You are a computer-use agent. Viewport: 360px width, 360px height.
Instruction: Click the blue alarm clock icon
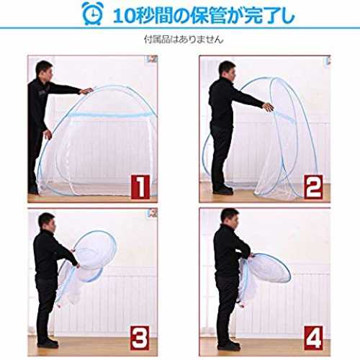coord(92,14)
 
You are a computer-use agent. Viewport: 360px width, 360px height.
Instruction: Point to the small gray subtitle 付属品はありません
coord(184,40)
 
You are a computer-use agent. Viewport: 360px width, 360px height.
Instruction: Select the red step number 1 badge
coord(140,187)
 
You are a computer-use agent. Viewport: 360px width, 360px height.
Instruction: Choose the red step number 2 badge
coord(313,187)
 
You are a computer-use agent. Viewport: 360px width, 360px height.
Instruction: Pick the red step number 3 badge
coord(140,338)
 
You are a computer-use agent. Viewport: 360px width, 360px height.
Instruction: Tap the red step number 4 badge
coord(313,338)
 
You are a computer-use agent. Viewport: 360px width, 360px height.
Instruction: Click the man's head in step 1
coord(45,71)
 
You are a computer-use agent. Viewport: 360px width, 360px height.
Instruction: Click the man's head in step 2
coord(227,71)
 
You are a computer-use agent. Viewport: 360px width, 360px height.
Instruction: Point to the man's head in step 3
coord(47,222)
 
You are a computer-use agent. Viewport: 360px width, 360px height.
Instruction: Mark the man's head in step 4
coord(230,218)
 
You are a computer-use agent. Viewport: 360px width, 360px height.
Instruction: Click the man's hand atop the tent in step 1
coord(86,91)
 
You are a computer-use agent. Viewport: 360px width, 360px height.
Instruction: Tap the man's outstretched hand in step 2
coord(268,107)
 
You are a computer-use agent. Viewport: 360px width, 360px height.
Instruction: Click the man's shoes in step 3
coord(48,343)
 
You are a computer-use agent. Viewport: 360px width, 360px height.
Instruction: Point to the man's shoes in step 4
coord(229,345)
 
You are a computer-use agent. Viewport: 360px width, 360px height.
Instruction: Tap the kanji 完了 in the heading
coord(261,16)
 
